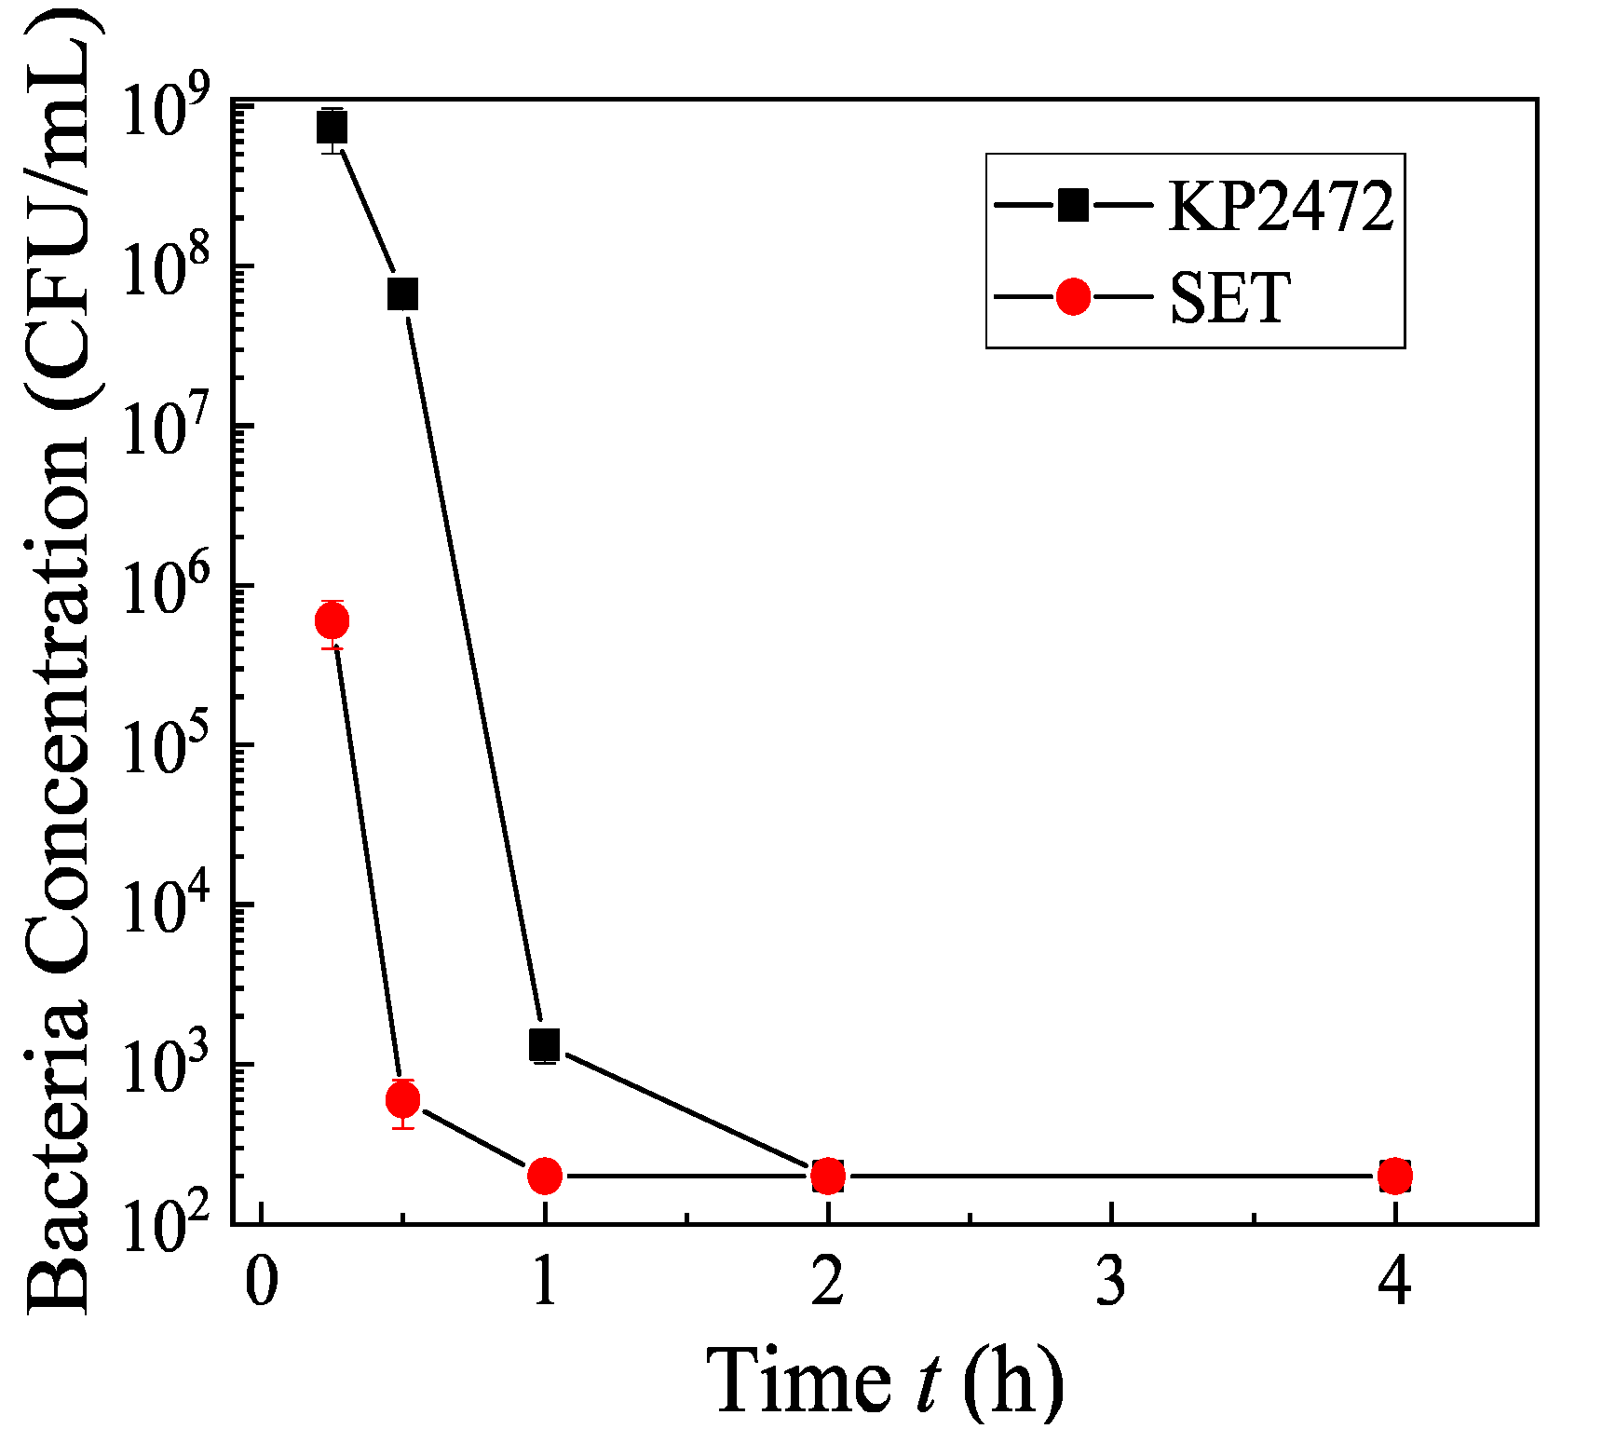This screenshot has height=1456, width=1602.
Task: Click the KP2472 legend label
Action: (x=1282, y=206)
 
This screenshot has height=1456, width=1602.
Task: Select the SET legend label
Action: (x=1229, y=298)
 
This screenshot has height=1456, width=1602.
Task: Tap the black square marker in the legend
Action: (x=1073, y=204)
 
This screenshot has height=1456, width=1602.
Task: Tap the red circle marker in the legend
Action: (x=1073, y=297)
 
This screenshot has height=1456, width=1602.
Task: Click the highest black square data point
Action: (x=332, y=127)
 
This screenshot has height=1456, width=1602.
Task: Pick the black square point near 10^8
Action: (x=402, y=294)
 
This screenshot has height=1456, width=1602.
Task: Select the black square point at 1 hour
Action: (x=544, y=1044)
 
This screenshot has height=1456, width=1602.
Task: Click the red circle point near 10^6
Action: (x=333, y=620)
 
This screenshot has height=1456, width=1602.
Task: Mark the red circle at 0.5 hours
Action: (x=402, y=1100)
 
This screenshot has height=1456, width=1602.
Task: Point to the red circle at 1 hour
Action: (x=544, y=1176)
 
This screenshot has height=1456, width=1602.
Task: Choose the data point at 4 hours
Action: (x=1394, y=1176)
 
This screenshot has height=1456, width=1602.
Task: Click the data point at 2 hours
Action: (x=827, y=1176)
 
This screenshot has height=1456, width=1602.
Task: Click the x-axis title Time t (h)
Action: (x=884, y=1381)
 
